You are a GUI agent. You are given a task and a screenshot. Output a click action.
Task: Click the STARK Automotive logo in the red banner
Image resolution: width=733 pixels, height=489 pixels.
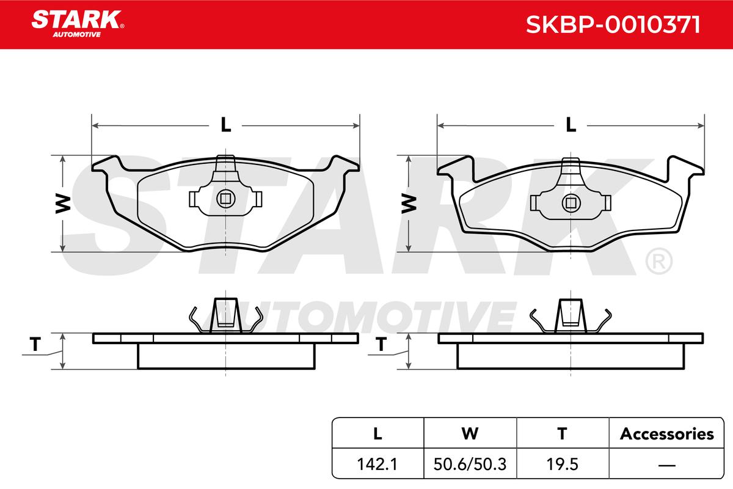coord(78,24)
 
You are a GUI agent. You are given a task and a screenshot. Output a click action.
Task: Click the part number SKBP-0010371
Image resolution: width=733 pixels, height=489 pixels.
coord(613,24)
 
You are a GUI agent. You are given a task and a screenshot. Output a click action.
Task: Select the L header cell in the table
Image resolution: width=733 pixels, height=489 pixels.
coord(377,433)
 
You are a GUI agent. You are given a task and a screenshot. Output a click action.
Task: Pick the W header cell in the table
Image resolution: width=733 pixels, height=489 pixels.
coord(470,433)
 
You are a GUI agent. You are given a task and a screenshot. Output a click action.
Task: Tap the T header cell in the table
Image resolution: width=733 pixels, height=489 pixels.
coord(562,433)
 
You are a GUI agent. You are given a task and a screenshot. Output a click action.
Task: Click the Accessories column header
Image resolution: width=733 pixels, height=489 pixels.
coord(666,433)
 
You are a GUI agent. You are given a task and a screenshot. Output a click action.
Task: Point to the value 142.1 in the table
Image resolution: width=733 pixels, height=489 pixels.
coord(377,464)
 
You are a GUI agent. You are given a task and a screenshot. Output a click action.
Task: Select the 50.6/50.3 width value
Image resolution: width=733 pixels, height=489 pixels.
coord(470,464)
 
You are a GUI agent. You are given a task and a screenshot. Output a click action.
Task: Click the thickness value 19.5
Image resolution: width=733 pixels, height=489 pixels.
coord(562,464)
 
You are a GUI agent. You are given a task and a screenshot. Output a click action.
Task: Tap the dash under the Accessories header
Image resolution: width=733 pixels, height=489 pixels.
coord(666,465)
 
